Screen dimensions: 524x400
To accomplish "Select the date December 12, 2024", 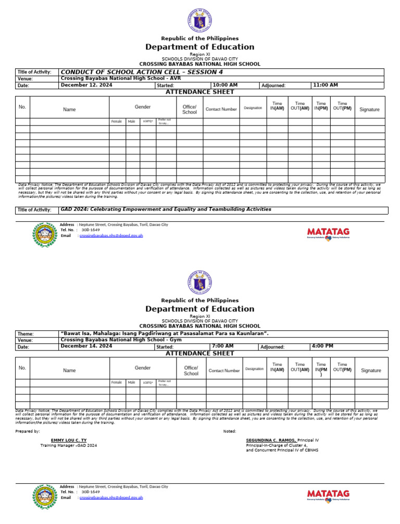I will pos(86,85).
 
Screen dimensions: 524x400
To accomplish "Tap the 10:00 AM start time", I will pos(225,85).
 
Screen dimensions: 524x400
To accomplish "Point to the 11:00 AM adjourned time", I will pos(325,85).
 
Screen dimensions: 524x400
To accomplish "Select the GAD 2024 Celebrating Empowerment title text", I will pos(166,209).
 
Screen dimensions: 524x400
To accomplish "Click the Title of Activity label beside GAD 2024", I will pos(34,210).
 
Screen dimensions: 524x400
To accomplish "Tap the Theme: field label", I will pos(26,334).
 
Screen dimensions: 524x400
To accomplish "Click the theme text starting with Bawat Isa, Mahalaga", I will pos(165,333).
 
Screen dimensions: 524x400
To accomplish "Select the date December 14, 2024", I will pos(86,346).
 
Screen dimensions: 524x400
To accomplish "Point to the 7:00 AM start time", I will pos(223,346).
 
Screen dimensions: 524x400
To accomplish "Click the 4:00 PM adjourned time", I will pos(322,346).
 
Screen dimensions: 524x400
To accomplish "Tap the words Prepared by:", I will pos(28,431).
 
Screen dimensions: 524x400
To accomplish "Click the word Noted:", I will pos(229,431).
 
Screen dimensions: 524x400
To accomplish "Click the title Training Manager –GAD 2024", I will pos(69,445).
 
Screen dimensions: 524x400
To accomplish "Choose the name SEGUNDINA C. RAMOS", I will pos(271,440).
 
